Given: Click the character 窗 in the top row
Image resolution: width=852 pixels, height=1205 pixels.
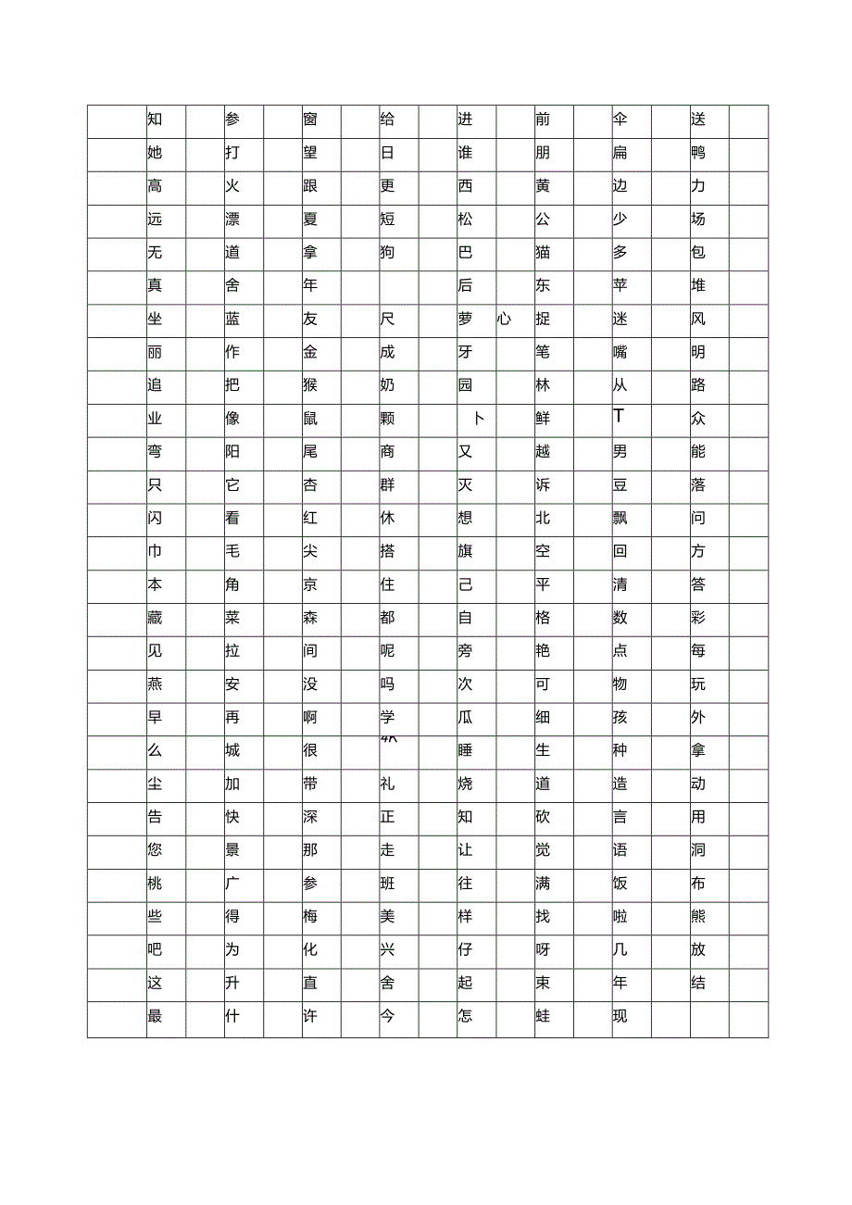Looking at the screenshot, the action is click(x=310, y=119).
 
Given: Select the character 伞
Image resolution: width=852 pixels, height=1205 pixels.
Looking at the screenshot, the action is click(x=620, y=119).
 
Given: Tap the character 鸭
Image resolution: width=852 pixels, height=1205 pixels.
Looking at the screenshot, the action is click(x=698, y=153).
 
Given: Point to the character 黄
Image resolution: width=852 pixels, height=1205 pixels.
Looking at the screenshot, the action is click(x=543, y=186).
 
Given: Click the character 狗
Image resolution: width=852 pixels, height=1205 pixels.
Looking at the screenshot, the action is click(x=388, y=253).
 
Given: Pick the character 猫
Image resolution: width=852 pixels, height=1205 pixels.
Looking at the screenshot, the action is click(x=543, y=253).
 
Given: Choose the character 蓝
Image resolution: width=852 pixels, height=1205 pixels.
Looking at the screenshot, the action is click(x=232, y=320).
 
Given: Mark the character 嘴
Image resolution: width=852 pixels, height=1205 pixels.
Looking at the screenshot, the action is click(x=620, y=353).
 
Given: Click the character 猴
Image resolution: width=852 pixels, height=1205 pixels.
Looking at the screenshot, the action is click(x=310, y=385).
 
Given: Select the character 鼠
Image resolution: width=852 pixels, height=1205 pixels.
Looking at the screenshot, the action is click(x=310, y=419).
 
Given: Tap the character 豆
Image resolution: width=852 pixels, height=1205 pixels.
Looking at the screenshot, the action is click(x=620, y=485).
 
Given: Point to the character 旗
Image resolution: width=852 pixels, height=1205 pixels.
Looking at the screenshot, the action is click(x=465, y=552).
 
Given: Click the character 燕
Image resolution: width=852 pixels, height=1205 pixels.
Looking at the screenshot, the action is click(x=155, y=684).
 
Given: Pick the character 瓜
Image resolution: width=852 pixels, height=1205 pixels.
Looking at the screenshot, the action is click(x=465, y=718).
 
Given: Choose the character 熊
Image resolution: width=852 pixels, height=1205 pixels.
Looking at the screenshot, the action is click(x=698, y=917).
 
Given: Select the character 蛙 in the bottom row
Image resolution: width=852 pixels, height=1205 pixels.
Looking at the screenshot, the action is click(x=543, y=1016).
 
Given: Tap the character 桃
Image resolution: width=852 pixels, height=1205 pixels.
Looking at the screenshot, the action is click(x=155, y=884).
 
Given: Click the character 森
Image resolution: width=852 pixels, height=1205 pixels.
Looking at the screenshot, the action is click(x=310, y=618).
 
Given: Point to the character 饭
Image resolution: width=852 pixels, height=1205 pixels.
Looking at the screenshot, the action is click(x=620, y=884).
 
